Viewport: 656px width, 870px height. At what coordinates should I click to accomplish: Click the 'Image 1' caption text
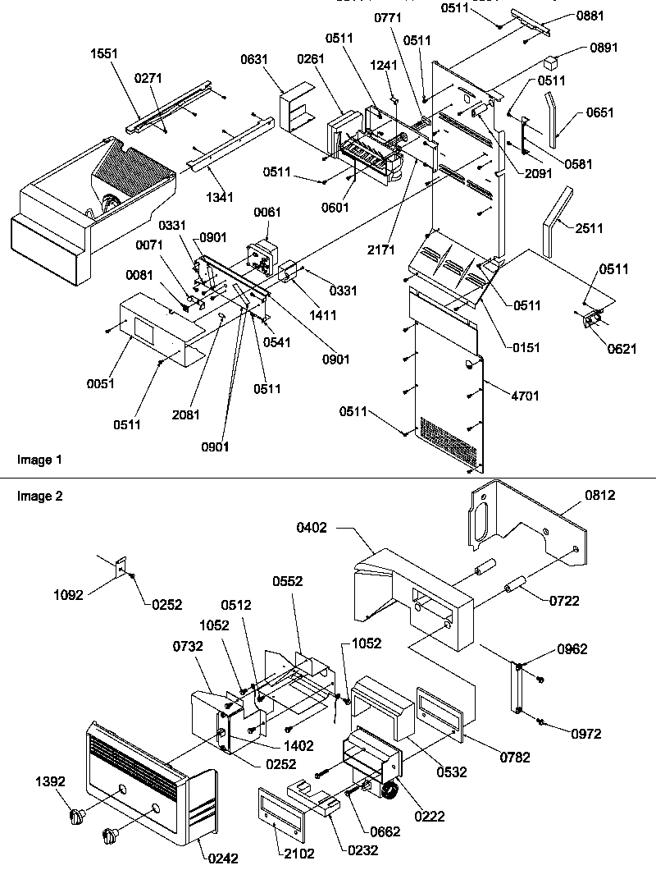coord(39,460)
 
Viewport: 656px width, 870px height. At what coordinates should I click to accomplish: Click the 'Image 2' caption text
coord(39,496)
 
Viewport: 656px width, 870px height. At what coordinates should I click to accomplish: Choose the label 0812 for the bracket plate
coord(599,495)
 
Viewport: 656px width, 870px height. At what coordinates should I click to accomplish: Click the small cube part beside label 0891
coord(553,62)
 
